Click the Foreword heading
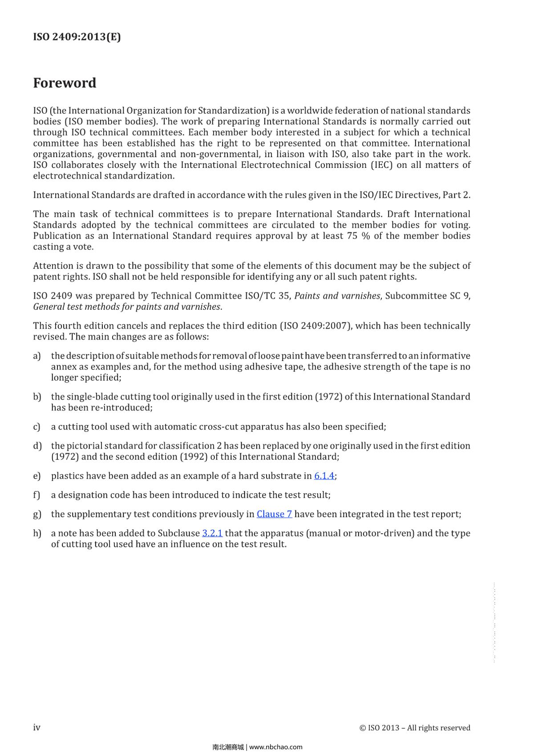click(65, 83)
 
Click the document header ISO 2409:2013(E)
click(77, 37)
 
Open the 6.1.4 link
click(324, 476)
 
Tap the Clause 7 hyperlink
click(274, 514)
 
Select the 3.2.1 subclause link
click(212, 533)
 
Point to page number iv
click(36, 727)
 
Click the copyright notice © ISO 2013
click(415, 728)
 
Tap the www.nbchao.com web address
click(276, 747)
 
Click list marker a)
click(37, 356)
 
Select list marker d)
click(37, 446)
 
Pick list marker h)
click(37, 533)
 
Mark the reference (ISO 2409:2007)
click(315, 326)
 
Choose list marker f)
click(36, 495)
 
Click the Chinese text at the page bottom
click(228, 747)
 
